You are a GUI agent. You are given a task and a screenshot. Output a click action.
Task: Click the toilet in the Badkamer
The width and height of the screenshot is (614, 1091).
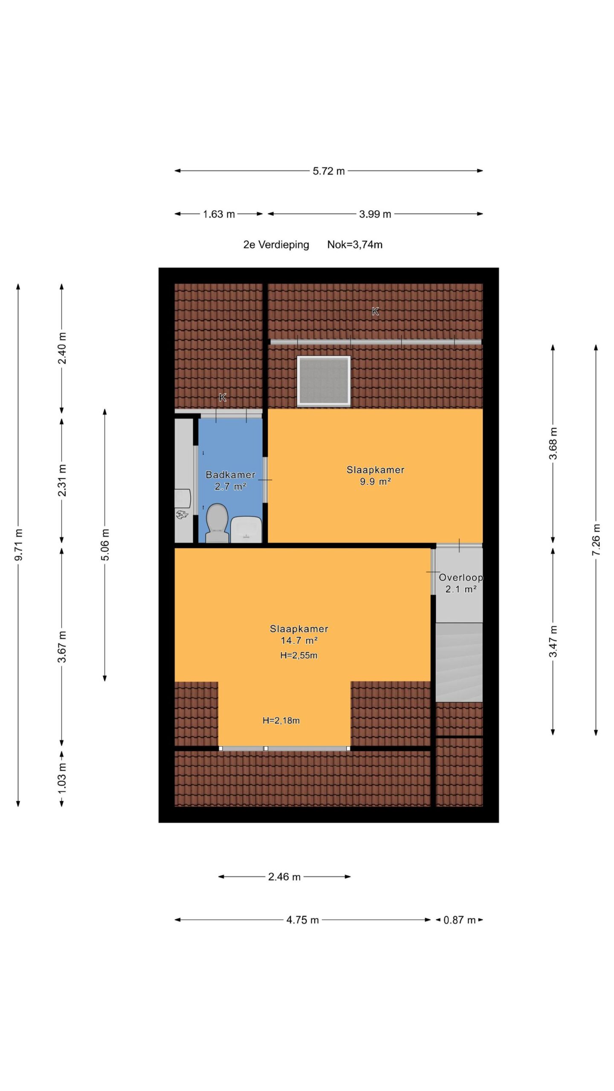coord(217,523)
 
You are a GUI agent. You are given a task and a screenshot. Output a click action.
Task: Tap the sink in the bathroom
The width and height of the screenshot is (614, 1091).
coord(246,529)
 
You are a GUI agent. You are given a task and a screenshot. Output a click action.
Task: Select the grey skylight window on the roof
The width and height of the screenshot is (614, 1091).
coord(324,381)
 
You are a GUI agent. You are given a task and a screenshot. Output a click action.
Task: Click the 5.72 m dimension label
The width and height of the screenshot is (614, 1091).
coord(329,171)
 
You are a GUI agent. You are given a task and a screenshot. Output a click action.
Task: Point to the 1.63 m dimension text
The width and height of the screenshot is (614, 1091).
coord(219,214)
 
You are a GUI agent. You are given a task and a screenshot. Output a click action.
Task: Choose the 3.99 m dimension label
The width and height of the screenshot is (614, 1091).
coord(375,214)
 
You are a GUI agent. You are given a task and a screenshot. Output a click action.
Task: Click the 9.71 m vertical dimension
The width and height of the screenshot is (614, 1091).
coord(18,545)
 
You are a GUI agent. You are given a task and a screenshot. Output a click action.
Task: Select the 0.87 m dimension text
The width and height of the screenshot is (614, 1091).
coord(460,920)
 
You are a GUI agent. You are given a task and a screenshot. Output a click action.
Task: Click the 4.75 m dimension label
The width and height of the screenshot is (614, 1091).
coord(303,920)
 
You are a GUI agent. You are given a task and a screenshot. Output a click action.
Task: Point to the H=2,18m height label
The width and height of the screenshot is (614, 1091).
coord(281,721)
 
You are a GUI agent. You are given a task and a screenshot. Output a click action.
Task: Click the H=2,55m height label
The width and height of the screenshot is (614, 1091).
coord(299,655)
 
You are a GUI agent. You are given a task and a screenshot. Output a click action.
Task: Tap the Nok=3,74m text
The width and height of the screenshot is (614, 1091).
coord(355,245)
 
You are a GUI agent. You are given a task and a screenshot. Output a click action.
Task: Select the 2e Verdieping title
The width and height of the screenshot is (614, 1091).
coord(276,245)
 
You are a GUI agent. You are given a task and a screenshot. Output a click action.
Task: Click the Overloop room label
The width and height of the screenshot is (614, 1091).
coord(461,577)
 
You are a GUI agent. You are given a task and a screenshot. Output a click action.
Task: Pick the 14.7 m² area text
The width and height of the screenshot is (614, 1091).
coord(299,640)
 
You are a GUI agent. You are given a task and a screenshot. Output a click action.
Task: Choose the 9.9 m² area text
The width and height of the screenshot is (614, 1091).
coord(375,482)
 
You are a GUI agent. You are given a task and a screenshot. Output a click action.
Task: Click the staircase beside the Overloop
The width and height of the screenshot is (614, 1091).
coord(459,662)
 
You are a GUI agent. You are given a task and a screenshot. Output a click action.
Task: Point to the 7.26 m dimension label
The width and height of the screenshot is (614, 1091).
coord(596,540)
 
